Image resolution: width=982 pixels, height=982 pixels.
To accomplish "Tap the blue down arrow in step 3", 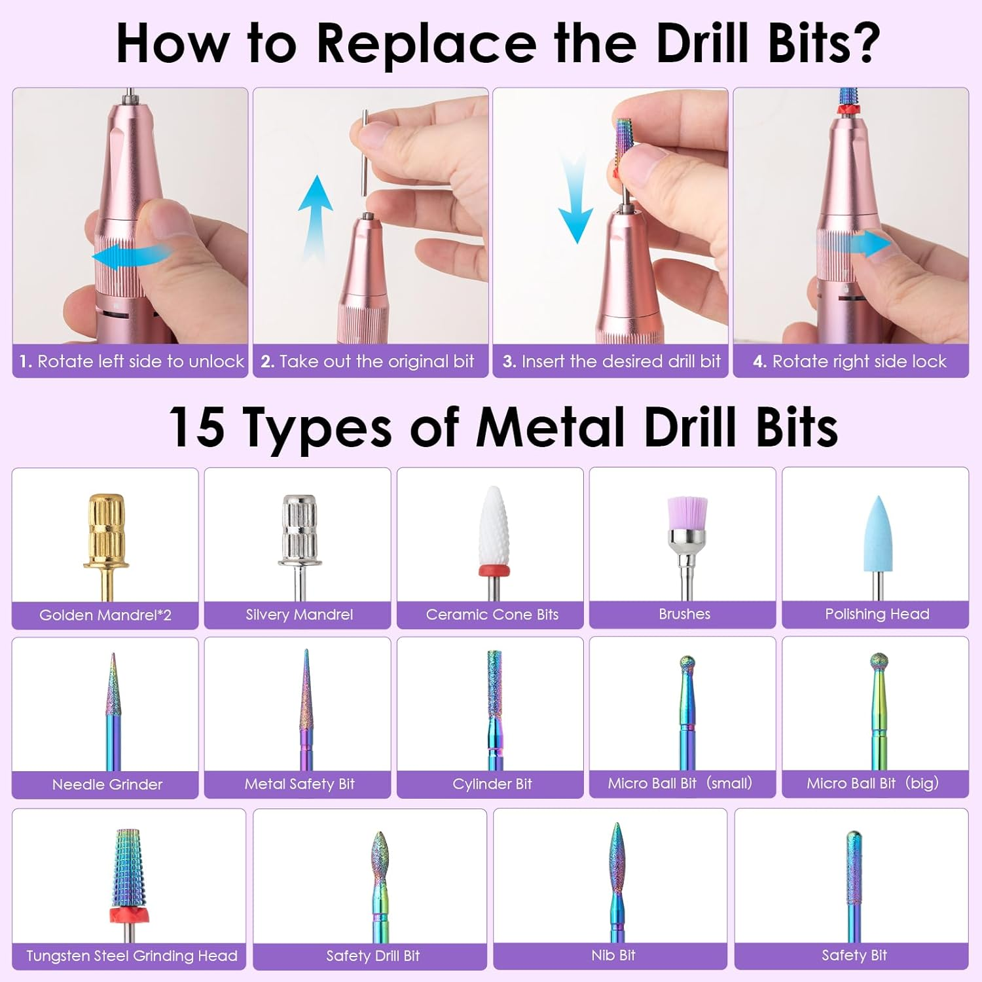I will point(575,203).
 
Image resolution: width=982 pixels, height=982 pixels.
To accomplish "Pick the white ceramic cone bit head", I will point(494,527).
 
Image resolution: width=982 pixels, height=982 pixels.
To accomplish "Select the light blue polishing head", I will point(877,534).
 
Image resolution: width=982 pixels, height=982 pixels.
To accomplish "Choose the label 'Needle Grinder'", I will point(107,784).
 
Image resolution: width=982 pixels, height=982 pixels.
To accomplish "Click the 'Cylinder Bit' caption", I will point(492,784).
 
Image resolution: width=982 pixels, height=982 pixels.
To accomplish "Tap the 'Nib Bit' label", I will point(613,955).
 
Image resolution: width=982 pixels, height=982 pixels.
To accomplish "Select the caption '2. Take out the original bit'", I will point(367,361).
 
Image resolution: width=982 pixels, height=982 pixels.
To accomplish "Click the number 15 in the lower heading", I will point(196,427).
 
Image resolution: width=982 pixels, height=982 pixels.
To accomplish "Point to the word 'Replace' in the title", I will point(426,44).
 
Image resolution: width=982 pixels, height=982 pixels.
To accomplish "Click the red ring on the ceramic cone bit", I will point(494,570).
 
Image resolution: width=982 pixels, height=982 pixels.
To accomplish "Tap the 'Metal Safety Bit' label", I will point(299,784).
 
